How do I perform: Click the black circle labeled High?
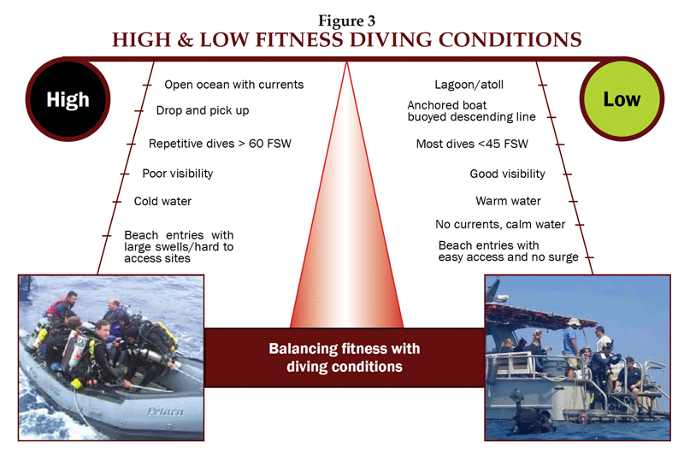(68, 99)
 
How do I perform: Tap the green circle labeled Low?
(622, 99)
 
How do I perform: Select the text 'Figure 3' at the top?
(346, 21)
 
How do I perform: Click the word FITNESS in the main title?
(298, 39)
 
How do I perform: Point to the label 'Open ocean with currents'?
(233, 85)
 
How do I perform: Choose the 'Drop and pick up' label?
(203, 111)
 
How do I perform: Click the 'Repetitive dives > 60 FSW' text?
(220, 144)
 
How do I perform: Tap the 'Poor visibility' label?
(178, 174)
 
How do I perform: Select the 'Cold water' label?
(162, 201)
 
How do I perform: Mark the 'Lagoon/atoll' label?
(469, 85)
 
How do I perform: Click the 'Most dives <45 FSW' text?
(472, 144)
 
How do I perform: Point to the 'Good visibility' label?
(507, 174)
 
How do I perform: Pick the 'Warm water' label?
(508, 201)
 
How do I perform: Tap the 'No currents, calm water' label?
(500, 224)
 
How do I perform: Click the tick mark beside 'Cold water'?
(116, 202)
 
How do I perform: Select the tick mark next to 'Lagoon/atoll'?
(542, 85)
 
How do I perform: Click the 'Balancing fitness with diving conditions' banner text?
(345, 357)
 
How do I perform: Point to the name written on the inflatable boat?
(166, 411)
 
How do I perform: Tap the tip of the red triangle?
(347, 62)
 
